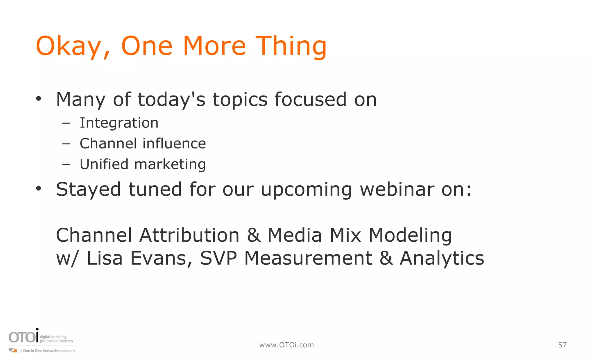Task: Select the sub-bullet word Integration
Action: (x=119, y=123)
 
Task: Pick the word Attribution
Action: (x=189, y=235)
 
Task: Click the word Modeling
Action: (x=410, y=236)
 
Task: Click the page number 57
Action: (x=562, y=345)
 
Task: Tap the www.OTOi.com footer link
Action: (x=286, y=345)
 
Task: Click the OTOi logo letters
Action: (x=23, y=337)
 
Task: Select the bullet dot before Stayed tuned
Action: (x=39, y=189)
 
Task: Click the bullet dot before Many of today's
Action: (x=39, y=99)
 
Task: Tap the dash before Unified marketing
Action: (x=66, y=165)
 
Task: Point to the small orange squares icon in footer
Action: (x=13, y=350)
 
